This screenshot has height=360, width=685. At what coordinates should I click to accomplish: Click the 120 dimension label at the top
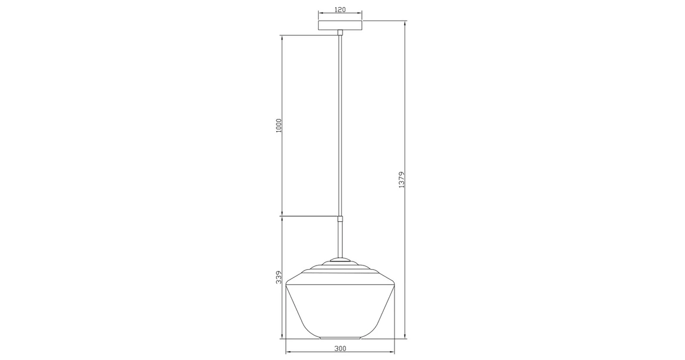pos(340,10)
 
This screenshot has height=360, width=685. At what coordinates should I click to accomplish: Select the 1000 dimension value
pos(279,126)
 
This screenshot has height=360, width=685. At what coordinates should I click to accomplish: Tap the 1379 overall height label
pos(402,180)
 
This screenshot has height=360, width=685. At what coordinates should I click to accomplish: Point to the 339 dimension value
pos(279,278)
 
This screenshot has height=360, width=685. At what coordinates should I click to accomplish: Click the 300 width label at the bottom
pos(340,348)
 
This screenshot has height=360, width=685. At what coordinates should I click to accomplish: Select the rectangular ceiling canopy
pos(340,25)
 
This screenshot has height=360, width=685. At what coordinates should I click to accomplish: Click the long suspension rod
pos(340,124)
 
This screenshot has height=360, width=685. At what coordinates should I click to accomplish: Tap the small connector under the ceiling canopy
pos(340,32)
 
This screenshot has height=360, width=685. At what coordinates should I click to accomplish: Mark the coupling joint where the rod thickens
pos(340,219)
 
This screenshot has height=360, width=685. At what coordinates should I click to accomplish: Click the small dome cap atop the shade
pos(340,258)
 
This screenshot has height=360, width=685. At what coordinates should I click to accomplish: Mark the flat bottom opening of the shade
pos(340,338)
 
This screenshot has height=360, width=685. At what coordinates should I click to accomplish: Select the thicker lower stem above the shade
pos(340,239)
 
